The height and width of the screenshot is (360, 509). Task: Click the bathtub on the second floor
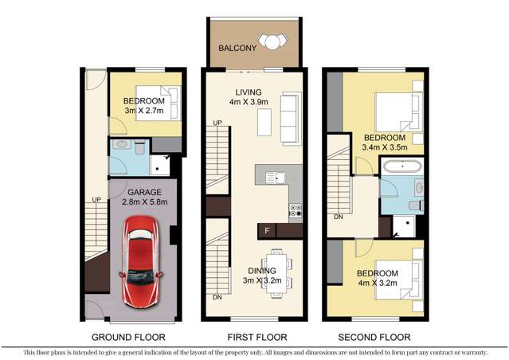pos(405,167)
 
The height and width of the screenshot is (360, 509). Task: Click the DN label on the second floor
pos(338,216)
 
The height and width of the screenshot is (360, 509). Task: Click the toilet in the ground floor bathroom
pos(139,147)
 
